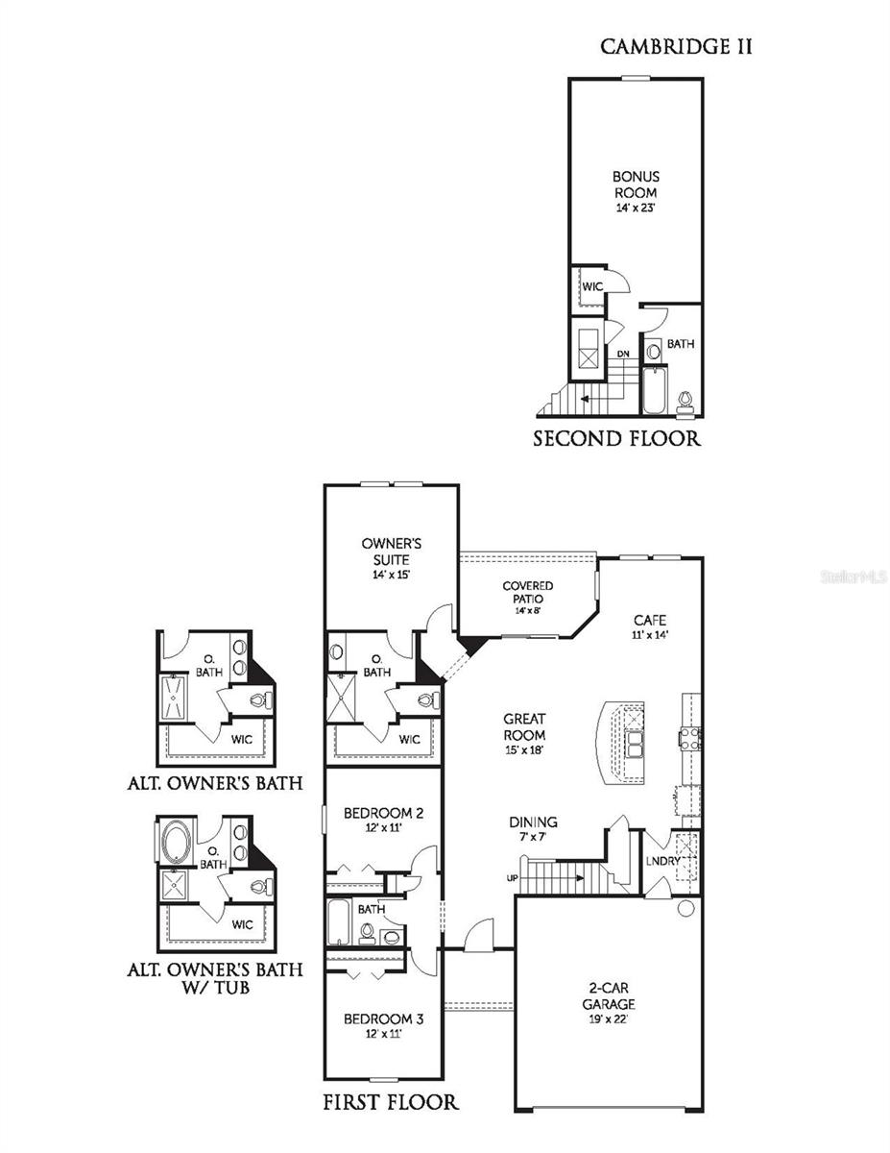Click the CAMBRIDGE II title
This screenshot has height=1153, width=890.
676,46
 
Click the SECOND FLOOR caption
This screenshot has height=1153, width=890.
617,440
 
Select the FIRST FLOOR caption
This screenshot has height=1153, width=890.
390,1101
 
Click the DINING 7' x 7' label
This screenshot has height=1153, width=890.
533,828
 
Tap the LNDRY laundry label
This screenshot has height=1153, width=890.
662,861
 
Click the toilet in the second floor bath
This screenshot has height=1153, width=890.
686,400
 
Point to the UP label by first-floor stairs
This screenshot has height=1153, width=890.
511,878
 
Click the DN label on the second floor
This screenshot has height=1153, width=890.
623,355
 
